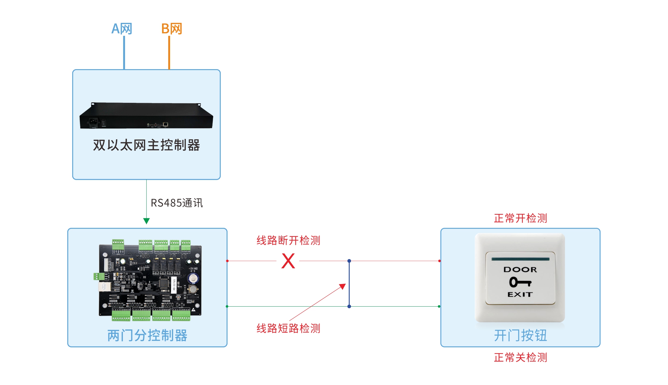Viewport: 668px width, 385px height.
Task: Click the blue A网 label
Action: [122, 29]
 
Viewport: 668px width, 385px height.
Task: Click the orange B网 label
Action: [172, 29]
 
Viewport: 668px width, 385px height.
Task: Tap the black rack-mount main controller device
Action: [146, 116]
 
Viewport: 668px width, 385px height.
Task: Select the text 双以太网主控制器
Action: [146, 145]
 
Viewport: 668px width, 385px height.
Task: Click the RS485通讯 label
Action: [177, 203]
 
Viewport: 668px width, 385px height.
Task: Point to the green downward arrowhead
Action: [147, 221]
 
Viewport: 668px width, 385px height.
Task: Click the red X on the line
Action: [288, 261]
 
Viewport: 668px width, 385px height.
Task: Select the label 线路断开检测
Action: [288, 240]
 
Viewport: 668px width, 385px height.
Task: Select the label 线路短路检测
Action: [288, 328]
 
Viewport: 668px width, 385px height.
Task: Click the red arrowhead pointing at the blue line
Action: [343, 286]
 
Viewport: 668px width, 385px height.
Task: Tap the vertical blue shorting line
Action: [349, 283]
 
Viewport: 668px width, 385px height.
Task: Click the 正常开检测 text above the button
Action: [520, 218]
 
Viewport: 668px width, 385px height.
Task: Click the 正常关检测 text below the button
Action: [520, 357]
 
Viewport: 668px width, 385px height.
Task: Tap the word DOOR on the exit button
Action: [520, 270]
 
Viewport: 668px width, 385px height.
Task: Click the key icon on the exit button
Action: [520, 282]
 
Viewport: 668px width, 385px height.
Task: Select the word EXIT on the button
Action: [520, 295]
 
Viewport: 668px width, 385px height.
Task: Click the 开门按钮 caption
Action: [520, 335]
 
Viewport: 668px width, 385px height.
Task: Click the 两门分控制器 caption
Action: [147, 335]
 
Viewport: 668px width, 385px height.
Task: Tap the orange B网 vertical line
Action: [169, 52]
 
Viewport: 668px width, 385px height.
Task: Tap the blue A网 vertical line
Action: [124, 52]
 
